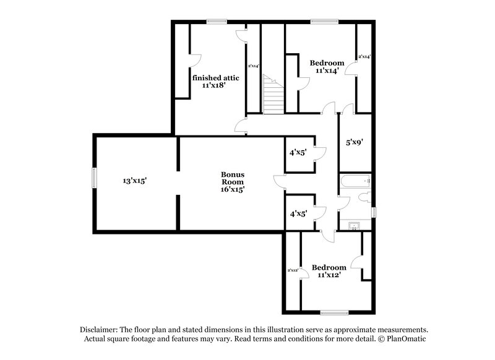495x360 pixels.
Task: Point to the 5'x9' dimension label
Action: pyautogui.click(x=354, y=142)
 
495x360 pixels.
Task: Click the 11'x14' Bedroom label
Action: pyautogui.click(x=327, y=67)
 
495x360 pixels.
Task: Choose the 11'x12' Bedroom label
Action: pyautogui.click(x=329, y=271)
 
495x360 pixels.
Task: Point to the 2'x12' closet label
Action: pyautogui.click(x=293, y=270)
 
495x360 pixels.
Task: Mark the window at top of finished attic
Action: pyautogui.click(x=216, y=22)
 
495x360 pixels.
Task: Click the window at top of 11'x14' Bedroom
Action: pyautogui.click(x=320, y=22)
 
